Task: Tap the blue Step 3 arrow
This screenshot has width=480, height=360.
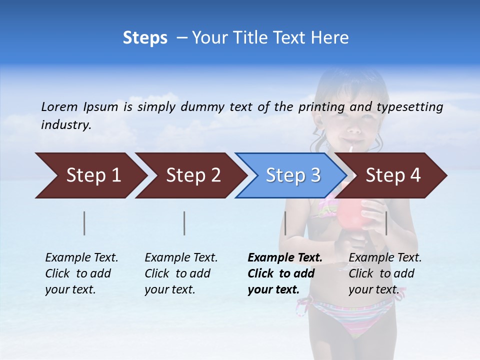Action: [293, 175]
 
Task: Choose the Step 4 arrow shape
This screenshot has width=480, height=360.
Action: [393, 175]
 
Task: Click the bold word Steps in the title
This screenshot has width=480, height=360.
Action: [145, 38]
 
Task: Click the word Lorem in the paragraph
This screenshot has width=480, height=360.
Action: [59, 107]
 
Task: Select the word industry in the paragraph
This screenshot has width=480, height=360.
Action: [66, 125]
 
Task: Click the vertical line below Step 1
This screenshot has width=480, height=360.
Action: [84, 223]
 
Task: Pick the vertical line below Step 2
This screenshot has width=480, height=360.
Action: [184, 223]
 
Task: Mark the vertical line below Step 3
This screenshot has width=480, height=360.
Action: [285, 223]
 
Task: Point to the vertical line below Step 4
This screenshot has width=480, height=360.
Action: [386, 223]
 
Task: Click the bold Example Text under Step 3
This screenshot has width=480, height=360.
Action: [285, 258]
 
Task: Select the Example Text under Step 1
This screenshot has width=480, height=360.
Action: [81, 258]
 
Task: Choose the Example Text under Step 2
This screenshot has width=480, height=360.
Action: [181, 258]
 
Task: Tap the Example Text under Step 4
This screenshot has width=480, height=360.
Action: [385, 258]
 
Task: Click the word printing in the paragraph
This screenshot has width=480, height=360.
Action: [321, 107]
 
